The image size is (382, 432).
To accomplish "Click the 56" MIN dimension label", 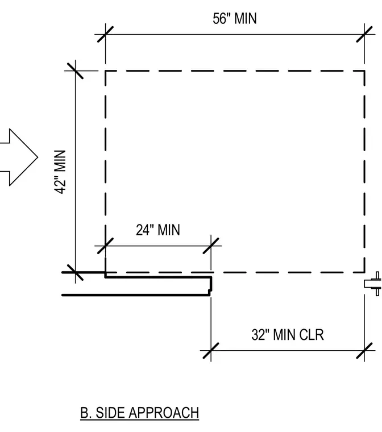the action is tap(235, 19).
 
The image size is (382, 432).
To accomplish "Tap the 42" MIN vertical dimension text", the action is tap(60, 172).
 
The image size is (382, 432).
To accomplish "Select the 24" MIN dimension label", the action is tap(158, 230).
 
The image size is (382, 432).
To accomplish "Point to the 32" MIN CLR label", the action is tap(288, 335).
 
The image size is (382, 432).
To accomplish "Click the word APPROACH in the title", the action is tap(164, 413).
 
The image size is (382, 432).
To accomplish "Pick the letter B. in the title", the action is tap(86, 413).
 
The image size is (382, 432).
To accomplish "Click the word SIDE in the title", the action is tap(110, 413).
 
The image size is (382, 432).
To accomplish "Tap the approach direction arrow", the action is tap(19, 157).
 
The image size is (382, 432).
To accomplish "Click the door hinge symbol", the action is tap(373, 284).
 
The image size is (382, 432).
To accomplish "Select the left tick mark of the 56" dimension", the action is tap(105, 35).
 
